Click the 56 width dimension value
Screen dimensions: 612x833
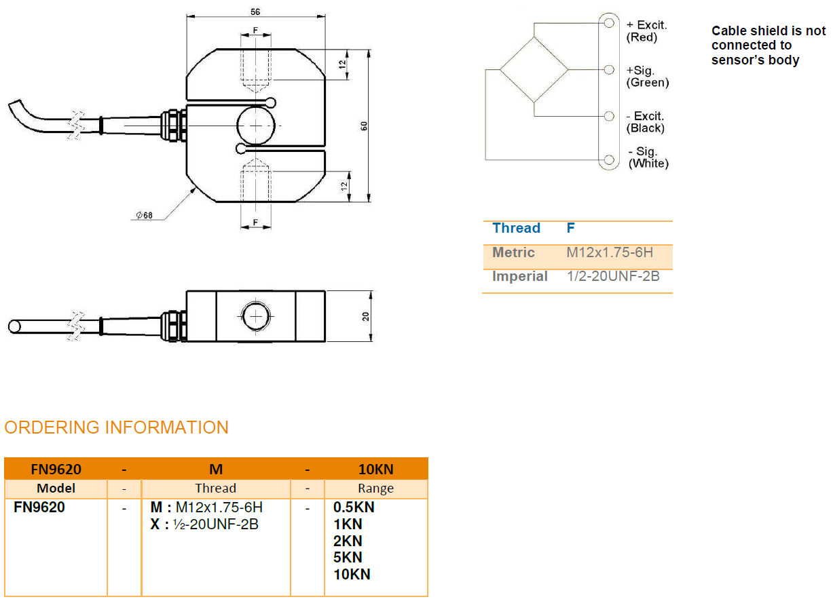[x=255, y=12]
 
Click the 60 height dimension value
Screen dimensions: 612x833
[x=364, y=126]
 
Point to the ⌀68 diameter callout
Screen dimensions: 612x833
[x=144, y=216]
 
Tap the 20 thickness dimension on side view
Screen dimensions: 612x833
[x=365, y=316]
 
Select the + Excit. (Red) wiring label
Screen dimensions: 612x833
[x=646, y=31]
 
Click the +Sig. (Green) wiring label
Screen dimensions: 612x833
[x=647, y=76]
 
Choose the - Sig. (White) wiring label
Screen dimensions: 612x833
[x=648, y=157]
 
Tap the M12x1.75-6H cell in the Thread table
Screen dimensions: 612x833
[x=610, y=252]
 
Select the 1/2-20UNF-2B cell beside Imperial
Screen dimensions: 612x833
[x=613, y=276]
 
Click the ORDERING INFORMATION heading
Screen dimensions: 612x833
[x=116, y=427]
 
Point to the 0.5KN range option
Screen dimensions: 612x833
[x=354, y=508]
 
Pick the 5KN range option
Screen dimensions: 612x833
[x=348, y=558]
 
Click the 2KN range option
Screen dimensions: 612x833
[x=348, y=541]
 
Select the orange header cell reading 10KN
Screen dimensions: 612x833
[x=375, y=469]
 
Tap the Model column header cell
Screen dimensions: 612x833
[x=56, y=489]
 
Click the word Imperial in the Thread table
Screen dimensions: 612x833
[x=519, y=276]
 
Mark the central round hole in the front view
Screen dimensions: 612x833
[x=257, y=126]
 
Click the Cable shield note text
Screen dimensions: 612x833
[x=768, y=45]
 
